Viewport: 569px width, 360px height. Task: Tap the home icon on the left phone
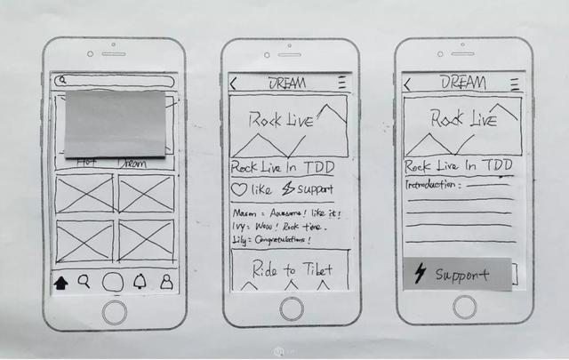click(x=61, y=284)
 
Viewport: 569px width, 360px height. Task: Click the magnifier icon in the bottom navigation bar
click(x=84, y=282)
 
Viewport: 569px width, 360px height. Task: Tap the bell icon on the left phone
click(x=140, y=283)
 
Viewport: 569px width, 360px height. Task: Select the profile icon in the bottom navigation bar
click(x=165, y=283)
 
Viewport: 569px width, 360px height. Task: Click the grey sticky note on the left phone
click(x=115, y=124)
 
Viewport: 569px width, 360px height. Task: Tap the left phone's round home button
click(x=114, y=311)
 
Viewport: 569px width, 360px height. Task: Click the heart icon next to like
click(x=238, y=189)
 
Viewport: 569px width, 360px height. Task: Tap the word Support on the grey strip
click(x=462, y=275)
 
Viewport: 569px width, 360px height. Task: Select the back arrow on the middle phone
click(x=234, y=84)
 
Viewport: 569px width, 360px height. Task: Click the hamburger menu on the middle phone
click(x=341, y=83)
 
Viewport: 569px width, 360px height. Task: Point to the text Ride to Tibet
click(x=292, y=269)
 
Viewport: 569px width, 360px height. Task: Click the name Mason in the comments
click(x=243, y=213)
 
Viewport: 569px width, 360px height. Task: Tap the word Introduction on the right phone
click(x=431, y=185)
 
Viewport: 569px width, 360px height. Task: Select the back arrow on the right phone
click(x=407, y=84)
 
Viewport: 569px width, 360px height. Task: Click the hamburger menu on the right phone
click(x=515, y=84)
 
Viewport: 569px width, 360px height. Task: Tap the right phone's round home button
click(x=464, y=308)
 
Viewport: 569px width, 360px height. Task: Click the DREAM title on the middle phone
click(x=288, y=83)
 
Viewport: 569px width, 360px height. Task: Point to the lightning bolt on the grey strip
click(x=419, y=274)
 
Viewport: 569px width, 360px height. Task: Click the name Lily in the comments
click(x=240, y=240)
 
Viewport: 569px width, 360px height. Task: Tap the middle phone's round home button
click(x=290, y=308)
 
